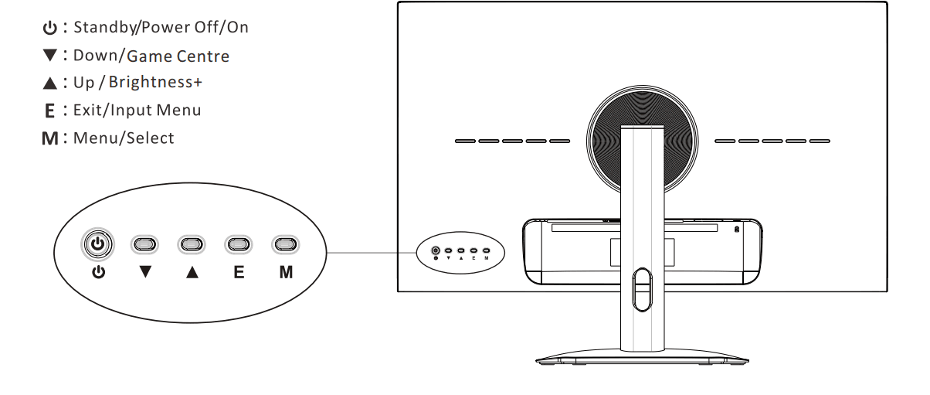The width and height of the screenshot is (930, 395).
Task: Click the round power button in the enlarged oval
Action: pos(97,243)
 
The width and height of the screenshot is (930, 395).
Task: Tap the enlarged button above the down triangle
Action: pos(144,244)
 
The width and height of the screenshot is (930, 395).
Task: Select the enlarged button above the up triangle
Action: pos(192,244)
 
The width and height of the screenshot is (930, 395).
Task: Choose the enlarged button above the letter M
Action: pos(285,244)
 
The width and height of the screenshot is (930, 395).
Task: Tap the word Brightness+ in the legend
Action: pos(155,82)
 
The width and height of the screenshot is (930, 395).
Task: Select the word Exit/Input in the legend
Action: pos(113,110)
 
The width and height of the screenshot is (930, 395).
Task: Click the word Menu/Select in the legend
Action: pos(124,138)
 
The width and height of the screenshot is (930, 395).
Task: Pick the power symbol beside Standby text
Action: pos(49,28)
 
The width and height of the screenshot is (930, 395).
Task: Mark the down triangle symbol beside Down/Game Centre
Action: pos(49,55)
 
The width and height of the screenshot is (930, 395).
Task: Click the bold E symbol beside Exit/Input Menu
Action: pos(49,111)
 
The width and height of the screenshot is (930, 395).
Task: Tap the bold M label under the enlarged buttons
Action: pos(286,272)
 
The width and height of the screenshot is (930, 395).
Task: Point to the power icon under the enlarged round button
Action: pos(98,272)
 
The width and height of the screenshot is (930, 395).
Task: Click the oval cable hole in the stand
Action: pos(643,290)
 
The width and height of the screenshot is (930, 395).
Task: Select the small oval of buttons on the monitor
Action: pos(460,253)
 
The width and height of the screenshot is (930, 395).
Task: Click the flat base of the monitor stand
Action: pos(643,357)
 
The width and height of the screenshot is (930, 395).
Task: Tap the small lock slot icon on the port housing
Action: pos(737,229)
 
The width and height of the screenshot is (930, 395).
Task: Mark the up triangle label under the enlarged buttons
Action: pos(192,272)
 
